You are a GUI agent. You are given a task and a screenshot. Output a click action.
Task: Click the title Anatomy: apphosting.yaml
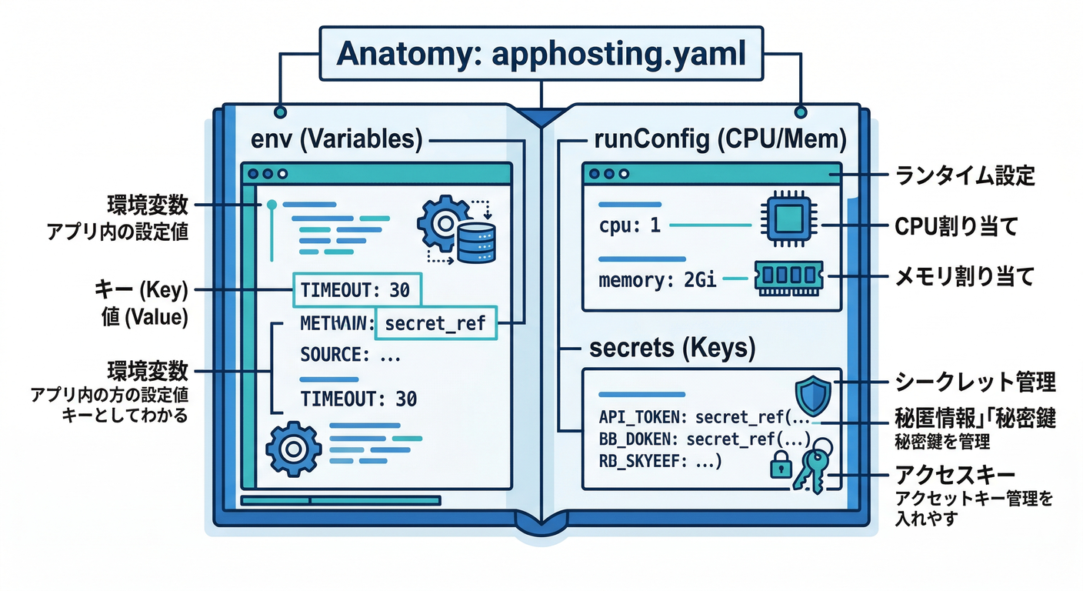pyautogui.click(x=541, y=55)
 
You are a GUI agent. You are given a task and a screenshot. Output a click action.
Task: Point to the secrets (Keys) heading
pyautogui.click(x=671, y=348)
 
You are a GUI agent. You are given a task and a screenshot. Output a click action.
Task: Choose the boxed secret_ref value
pyautogui.click(x=435, y=323)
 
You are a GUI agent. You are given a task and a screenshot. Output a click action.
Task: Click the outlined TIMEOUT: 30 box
pyautogui.click(x=357, y=290)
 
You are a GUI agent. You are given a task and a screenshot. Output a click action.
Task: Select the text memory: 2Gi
pyautogui.click(x=657, y=279)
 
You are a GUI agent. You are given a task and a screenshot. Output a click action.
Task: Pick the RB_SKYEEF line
pyautogui.click(x=659, y=461)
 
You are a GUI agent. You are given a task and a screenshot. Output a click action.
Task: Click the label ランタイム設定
pyautogui.click(x=965, y=176)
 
